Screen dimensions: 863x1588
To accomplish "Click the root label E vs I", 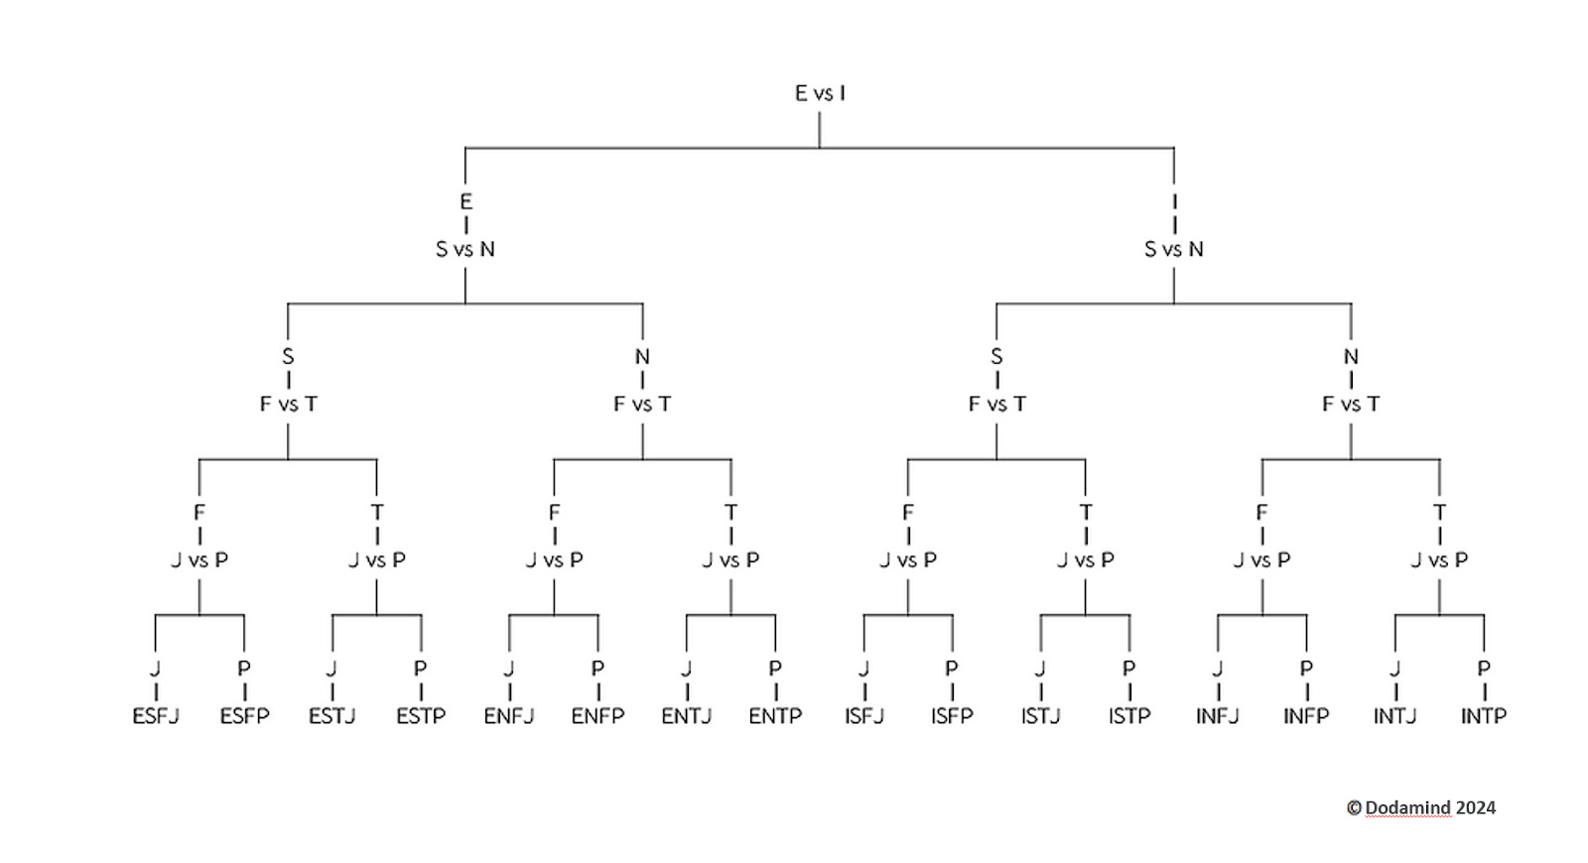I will click(x=820, y=93).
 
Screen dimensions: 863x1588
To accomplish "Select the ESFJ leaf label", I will click(x=156, y=716).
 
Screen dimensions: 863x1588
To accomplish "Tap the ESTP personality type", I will click(x=421, y=716).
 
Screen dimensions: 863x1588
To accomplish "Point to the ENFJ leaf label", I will click(x=509, y=716).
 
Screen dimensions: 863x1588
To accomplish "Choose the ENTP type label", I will click(x=775, y=716).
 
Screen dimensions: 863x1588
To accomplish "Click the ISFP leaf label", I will click(x=952, y=716).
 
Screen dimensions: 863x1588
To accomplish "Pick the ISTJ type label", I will click(x=1040, y=716).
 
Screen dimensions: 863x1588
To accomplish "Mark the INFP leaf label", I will click(x=1306, y=716).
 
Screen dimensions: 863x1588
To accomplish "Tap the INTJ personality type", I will click(x=1394, y=716).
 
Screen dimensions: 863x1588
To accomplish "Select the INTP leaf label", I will click(x=1484, y=716).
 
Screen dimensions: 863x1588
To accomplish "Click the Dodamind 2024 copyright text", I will click(x=1421, y=807).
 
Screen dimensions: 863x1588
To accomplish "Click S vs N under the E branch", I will click(x=465, y=249).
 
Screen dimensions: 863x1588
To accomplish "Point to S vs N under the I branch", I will click(x=1174, y=249).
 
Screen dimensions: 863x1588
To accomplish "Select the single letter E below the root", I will click(x=465, y=201).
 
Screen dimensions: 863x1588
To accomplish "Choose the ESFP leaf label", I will click(x=244, y=716).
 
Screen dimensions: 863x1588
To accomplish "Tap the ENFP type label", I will click(x=597, y=716).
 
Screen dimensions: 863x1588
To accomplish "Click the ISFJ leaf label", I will click(x=863, y=716).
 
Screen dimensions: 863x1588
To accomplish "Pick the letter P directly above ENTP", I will click(x=775, y=669).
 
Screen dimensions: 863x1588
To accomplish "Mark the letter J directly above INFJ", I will click(x=1218, y=669).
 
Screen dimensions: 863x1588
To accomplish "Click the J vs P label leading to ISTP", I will click(x=1085, y=560).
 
